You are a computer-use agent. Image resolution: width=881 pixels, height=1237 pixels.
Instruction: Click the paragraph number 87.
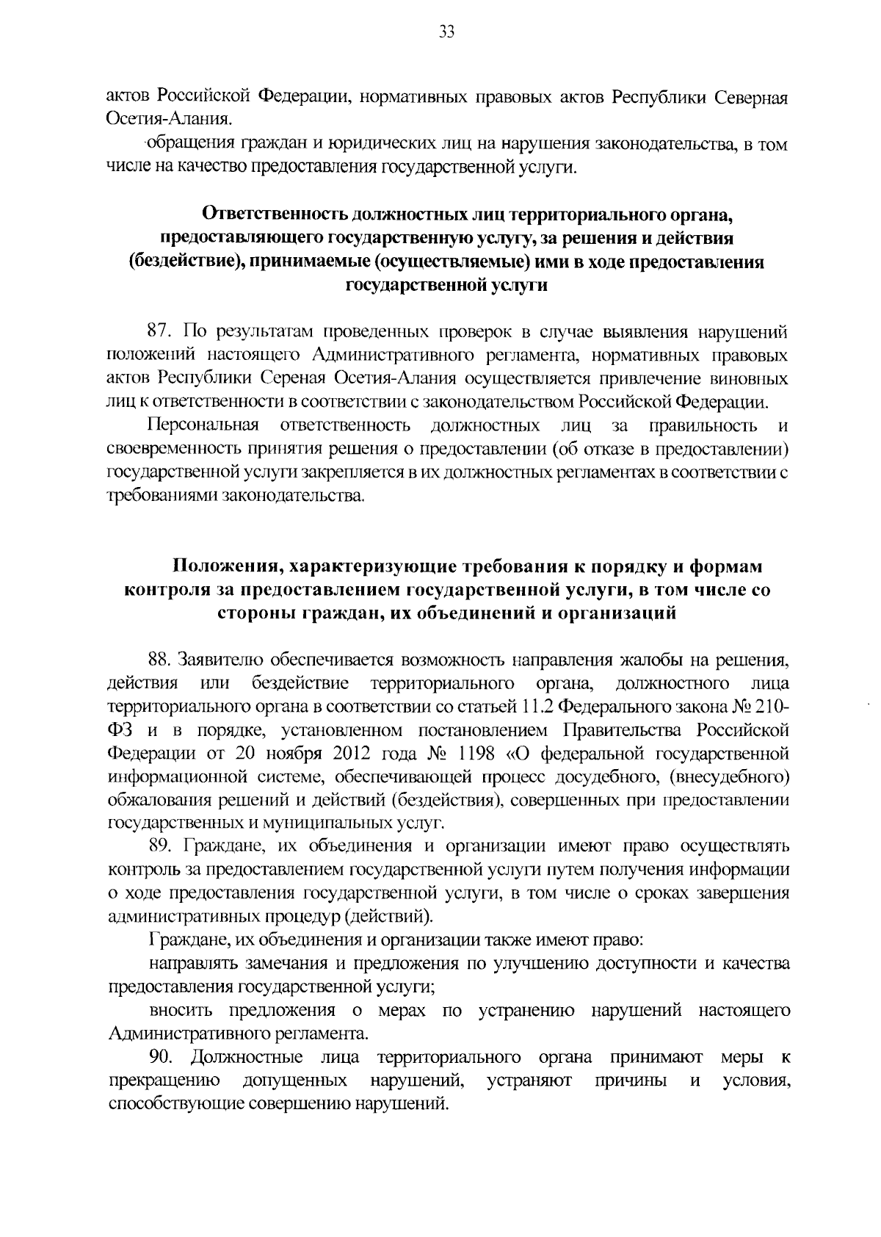coord(161,332)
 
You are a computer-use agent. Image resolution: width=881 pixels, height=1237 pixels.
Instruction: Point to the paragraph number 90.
coord(162,1058)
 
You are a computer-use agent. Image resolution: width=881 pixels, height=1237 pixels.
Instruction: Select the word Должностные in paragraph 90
coord(247,1058)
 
